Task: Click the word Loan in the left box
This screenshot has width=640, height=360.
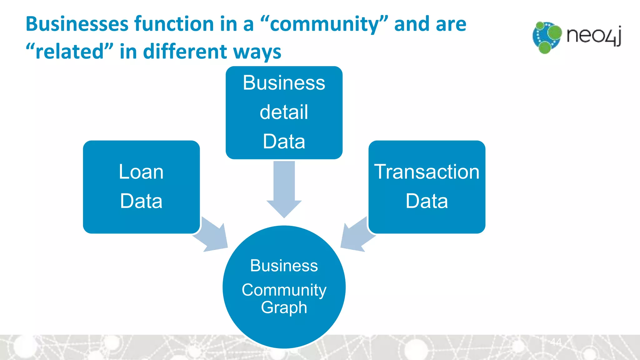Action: (x=141, y=172)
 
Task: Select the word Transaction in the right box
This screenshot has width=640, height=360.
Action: (x=427, y=172)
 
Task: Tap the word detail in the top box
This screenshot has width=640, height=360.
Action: (x=284, y=112)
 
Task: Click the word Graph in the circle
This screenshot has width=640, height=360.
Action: (x=284, y=307)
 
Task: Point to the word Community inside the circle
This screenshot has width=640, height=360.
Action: (x=284, y=290)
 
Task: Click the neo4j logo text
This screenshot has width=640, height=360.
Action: (x=593, y=36)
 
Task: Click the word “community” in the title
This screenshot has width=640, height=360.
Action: (x=324, y=24)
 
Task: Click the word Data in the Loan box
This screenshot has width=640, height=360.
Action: (x=141, y=201)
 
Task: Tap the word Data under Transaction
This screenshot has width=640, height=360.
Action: (x=427, y=201)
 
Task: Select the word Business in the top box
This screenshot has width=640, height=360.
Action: (x=284, y=83)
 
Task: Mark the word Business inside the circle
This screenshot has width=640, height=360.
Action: (x=284, y=266)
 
